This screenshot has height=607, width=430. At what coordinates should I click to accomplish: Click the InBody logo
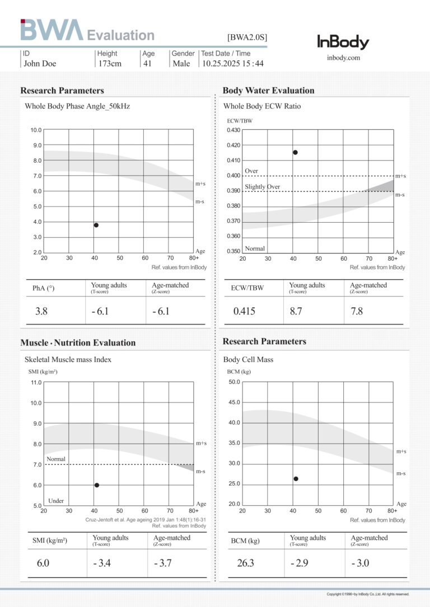343,42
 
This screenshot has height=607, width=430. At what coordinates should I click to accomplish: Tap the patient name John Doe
40,63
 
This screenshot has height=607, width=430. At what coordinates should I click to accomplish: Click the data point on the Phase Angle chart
96,225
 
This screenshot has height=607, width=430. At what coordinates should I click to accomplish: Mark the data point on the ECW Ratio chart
295,152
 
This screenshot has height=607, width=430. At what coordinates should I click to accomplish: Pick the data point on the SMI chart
97,485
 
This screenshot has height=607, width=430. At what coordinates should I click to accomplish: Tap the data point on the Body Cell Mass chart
296,479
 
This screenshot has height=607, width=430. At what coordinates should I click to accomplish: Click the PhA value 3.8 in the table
41,311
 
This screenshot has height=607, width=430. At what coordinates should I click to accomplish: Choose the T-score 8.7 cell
296,311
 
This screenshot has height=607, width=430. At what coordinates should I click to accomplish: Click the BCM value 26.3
245,563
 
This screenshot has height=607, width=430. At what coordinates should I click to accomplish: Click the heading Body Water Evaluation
268,91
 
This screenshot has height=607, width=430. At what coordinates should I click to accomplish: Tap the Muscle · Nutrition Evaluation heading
78,342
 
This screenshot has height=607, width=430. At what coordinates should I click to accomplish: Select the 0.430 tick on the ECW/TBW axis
233,130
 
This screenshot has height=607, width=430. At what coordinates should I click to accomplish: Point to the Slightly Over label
262,187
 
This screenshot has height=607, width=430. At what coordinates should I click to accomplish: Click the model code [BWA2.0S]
247,37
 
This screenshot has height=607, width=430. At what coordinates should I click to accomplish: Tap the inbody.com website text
343,58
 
